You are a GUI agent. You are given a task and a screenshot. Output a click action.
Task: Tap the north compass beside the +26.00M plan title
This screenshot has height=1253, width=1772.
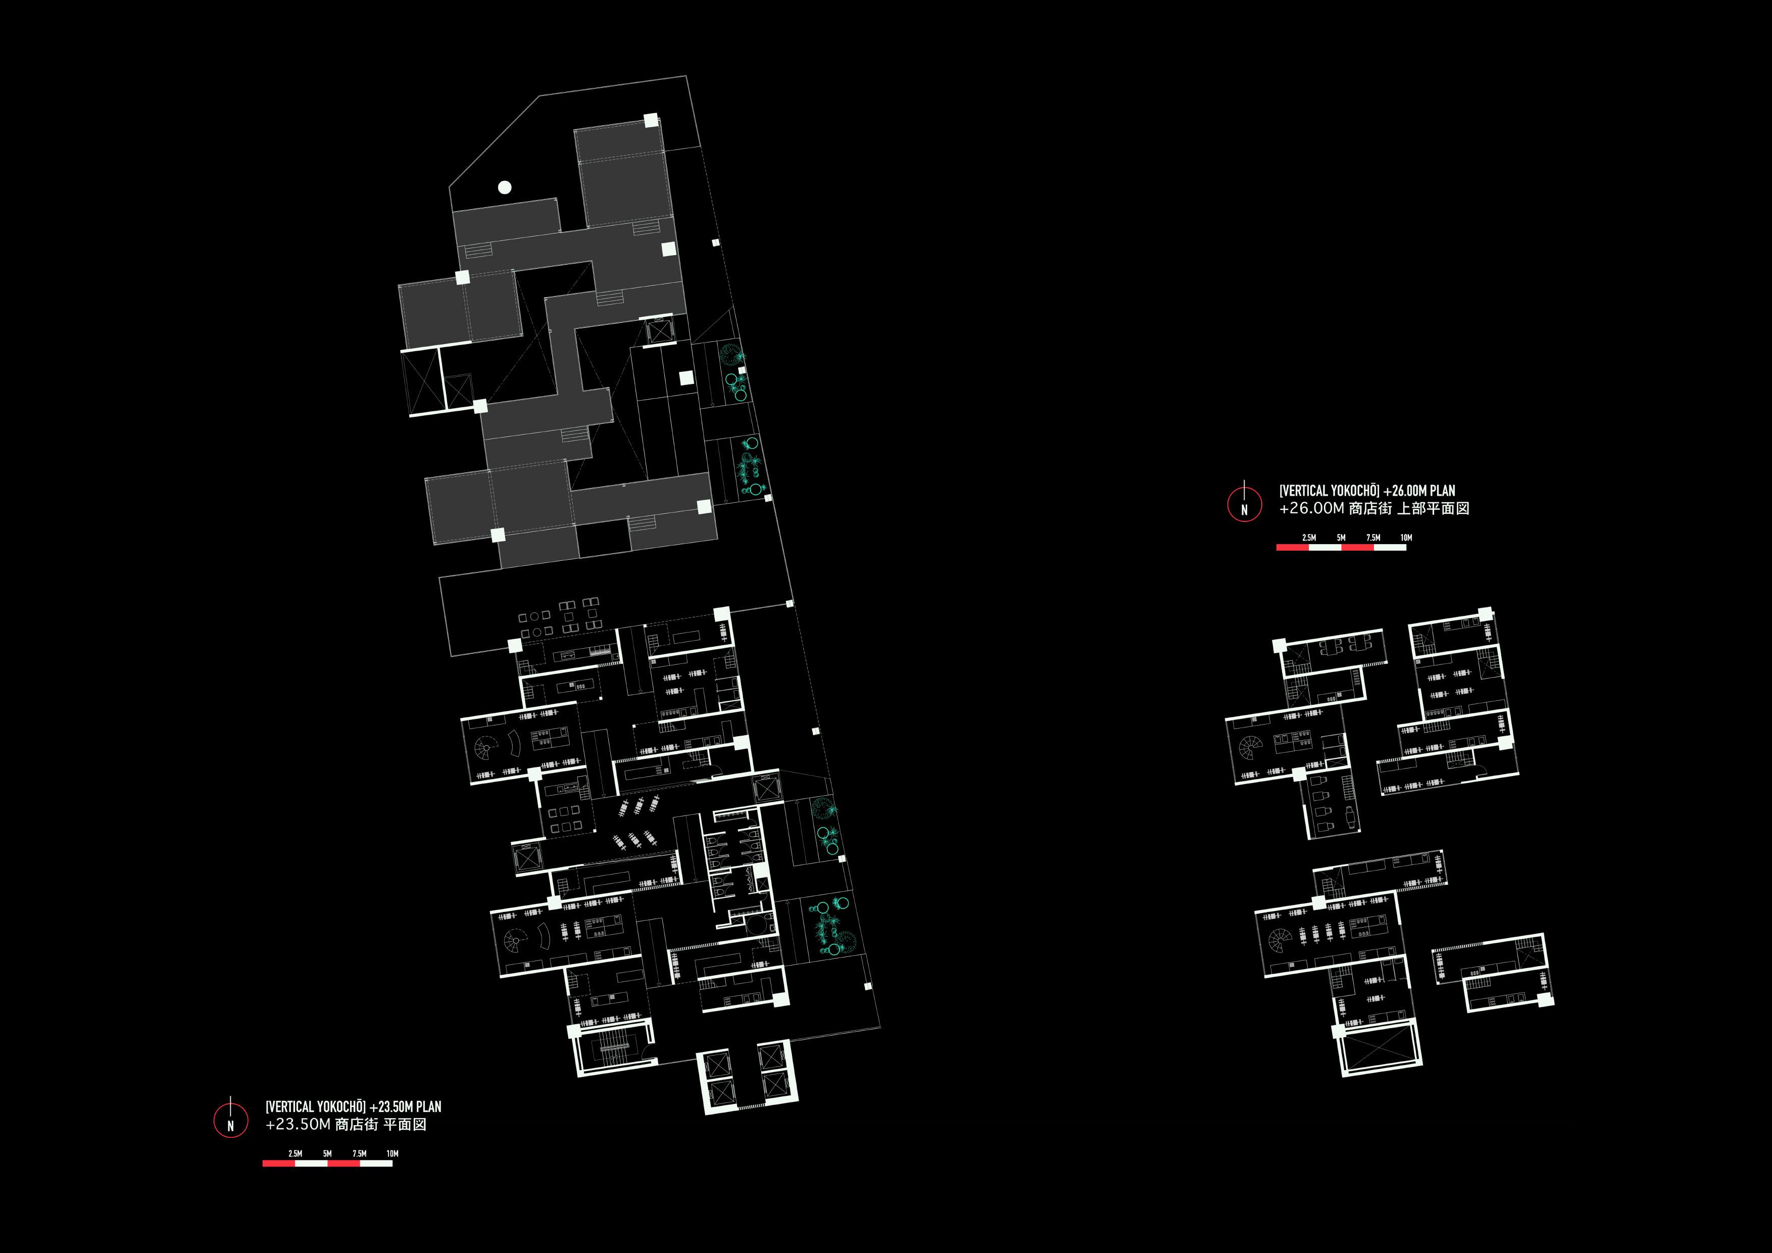1244,504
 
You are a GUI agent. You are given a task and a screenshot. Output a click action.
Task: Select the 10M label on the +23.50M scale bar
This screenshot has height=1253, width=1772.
392,1153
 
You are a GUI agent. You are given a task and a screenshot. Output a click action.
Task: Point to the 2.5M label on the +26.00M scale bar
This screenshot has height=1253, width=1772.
1309,538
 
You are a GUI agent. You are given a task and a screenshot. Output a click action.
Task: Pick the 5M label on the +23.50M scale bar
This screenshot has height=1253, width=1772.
327,1153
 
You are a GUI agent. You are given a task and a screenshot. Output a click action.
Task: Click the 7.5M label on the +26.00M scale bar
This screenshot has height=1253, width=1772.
1373,538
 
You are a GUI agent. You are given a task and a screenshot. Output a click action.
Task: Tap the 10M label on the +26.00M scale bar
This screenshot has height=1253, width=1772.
1406,538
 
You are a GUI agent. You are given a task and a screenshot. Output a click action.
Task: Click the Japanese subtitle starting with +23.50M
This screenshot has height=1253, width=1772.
346,1124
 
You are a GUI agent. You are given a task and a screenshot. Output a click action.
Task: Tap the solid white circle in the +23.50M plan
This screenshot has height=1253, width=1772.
505,187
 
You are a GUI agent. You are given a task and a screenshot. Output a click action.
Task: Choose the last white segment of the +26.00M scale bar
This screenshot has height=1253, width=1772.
1390,547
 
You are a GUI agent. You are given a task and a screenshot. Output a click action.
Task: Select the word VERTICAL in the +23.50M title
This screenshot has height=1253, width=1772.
290,1106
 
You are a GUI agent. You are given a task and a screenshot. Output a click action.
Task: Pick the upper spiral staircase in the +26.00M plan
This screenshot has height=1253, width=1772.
1250,747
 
